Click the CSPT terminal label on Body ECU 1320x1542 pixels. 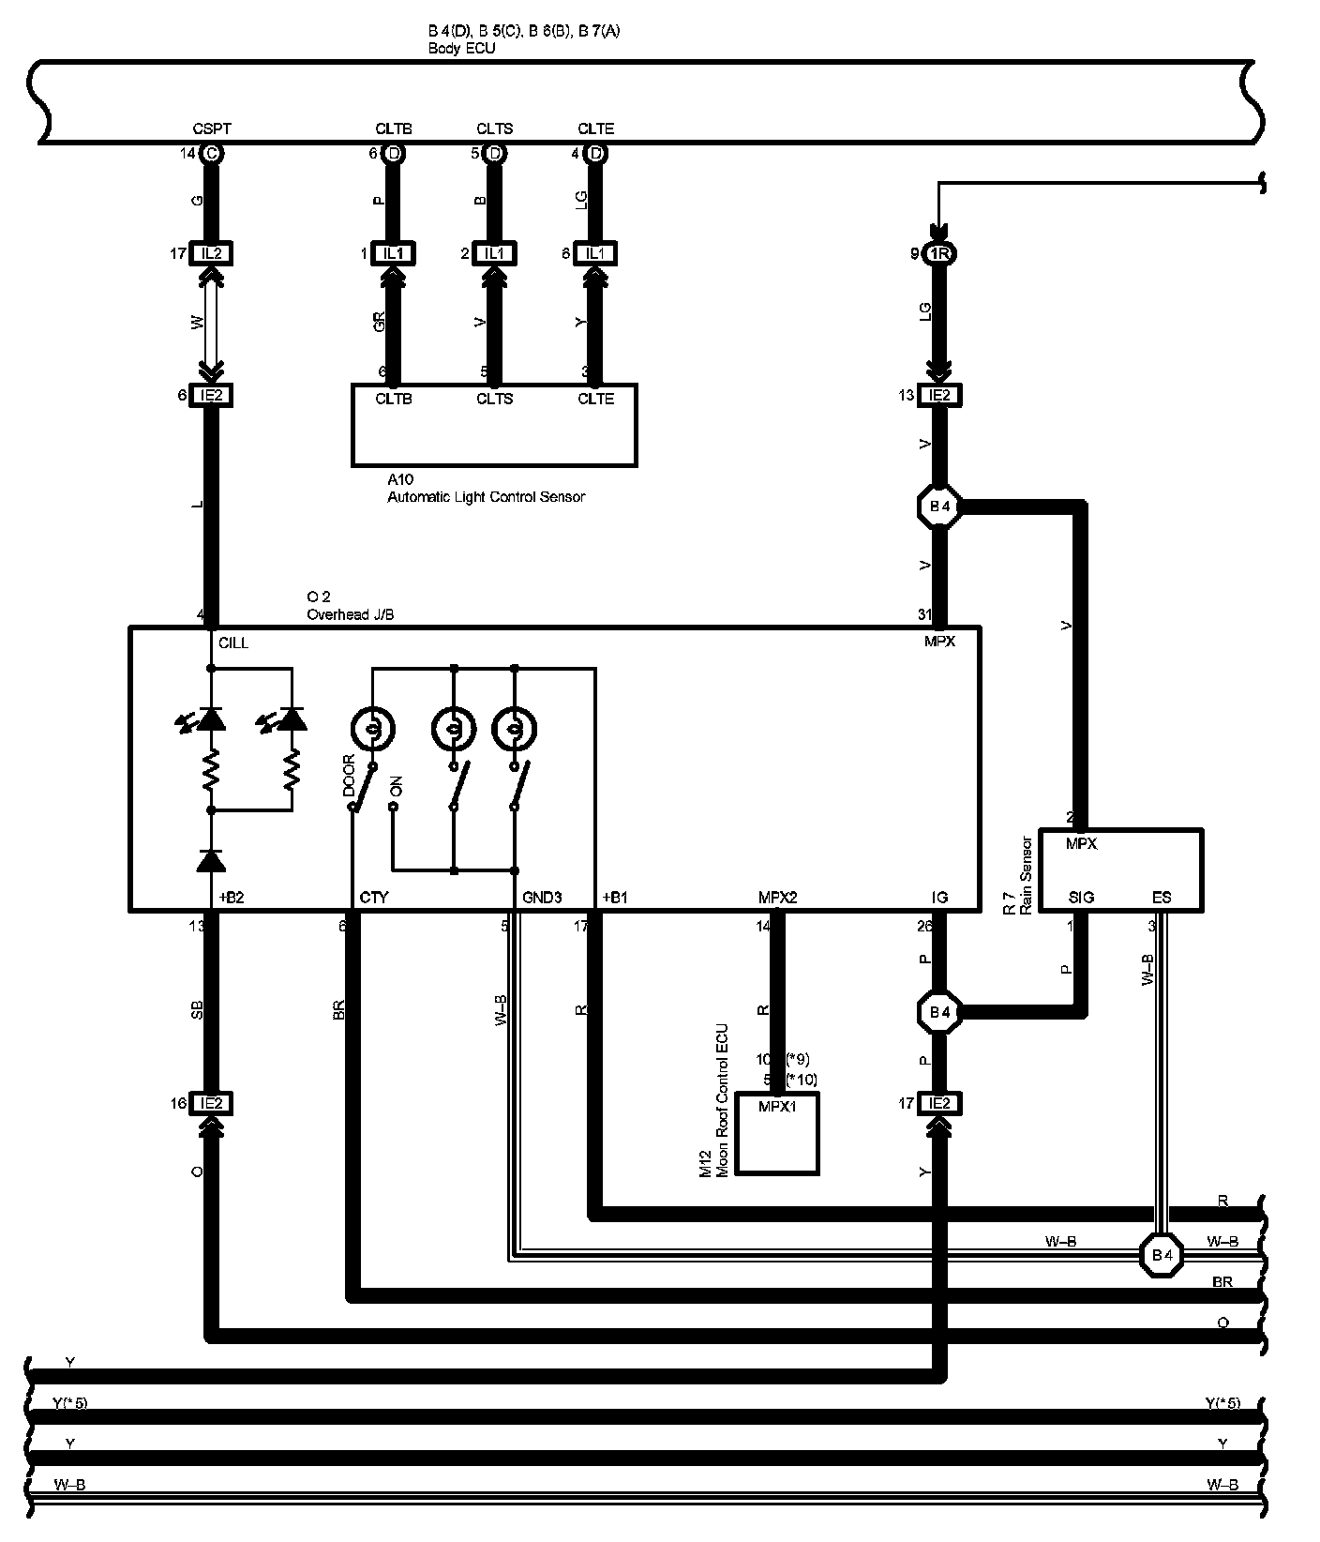click(211, 128)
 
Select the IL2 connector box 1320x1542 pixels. click(211, 253)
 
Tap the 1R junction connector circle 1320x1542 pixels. click(939, 253)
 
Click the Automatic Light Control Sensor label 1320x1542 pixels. click(486, 497)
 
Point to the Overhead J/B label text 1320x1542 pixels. click(351, 614)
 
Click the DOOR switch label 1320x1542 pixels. click(349, 775)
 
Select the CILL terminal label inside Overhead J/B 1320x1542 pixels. click(233, 643)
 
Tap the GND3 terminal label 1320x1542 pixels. click(542, 898)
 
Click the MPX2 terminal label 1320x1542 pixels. click(777, 898)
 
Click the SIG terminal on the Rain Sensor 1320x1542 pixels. click(1081, 898)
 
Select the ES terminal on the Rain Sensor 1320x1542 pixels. click(1161, 898)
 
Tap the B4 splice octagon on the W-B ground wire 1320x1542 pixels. click(1162, 1254)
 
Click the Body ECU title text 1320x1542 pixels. click(461, 48)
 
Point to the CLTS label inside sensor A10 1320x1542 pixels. click(494, 400)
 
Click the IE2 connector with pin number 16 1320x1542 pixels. click(211, 1104)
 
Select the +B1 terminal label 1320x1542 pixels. click(614, 898)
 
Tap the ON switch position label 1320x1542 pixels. click(396, 787)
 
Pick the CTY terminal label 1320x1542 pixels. click(373, 898)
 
